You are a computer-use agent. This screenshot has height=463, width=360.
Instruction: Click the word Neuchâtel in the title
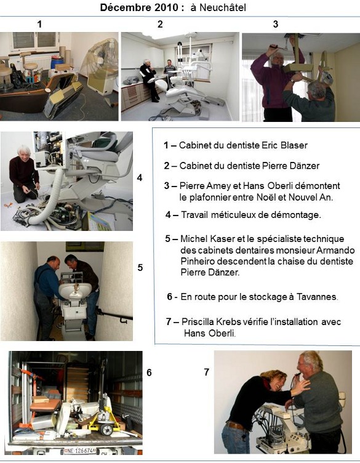(x=223, y=7)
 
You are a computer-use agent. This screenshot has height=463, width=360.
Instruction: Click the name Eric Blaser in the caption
(x=284, y=145)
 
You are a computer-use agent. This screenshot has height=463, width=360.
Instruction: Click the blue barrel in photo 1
(x=57, y=62)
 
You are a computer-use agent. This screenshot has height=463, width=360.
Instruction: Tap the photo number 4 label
(x=140, y=177)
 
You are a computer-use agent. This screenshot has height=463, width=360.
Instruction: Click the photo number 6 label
(x=149, y=372)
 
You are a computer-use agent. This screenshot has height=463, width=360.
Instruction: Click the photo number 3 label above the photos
(x=275, y=24)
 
